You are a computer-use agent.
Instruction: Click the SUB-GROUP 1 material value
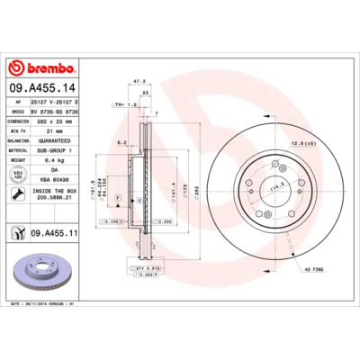(x=65, y=150)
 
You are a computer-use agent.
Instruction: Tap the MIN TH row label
(x=18, y=130)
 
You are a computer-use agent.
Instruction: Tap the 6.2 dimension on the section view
(x=121, y=142)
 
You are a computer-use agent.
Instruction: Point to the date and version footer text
(x=54, y=305)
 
